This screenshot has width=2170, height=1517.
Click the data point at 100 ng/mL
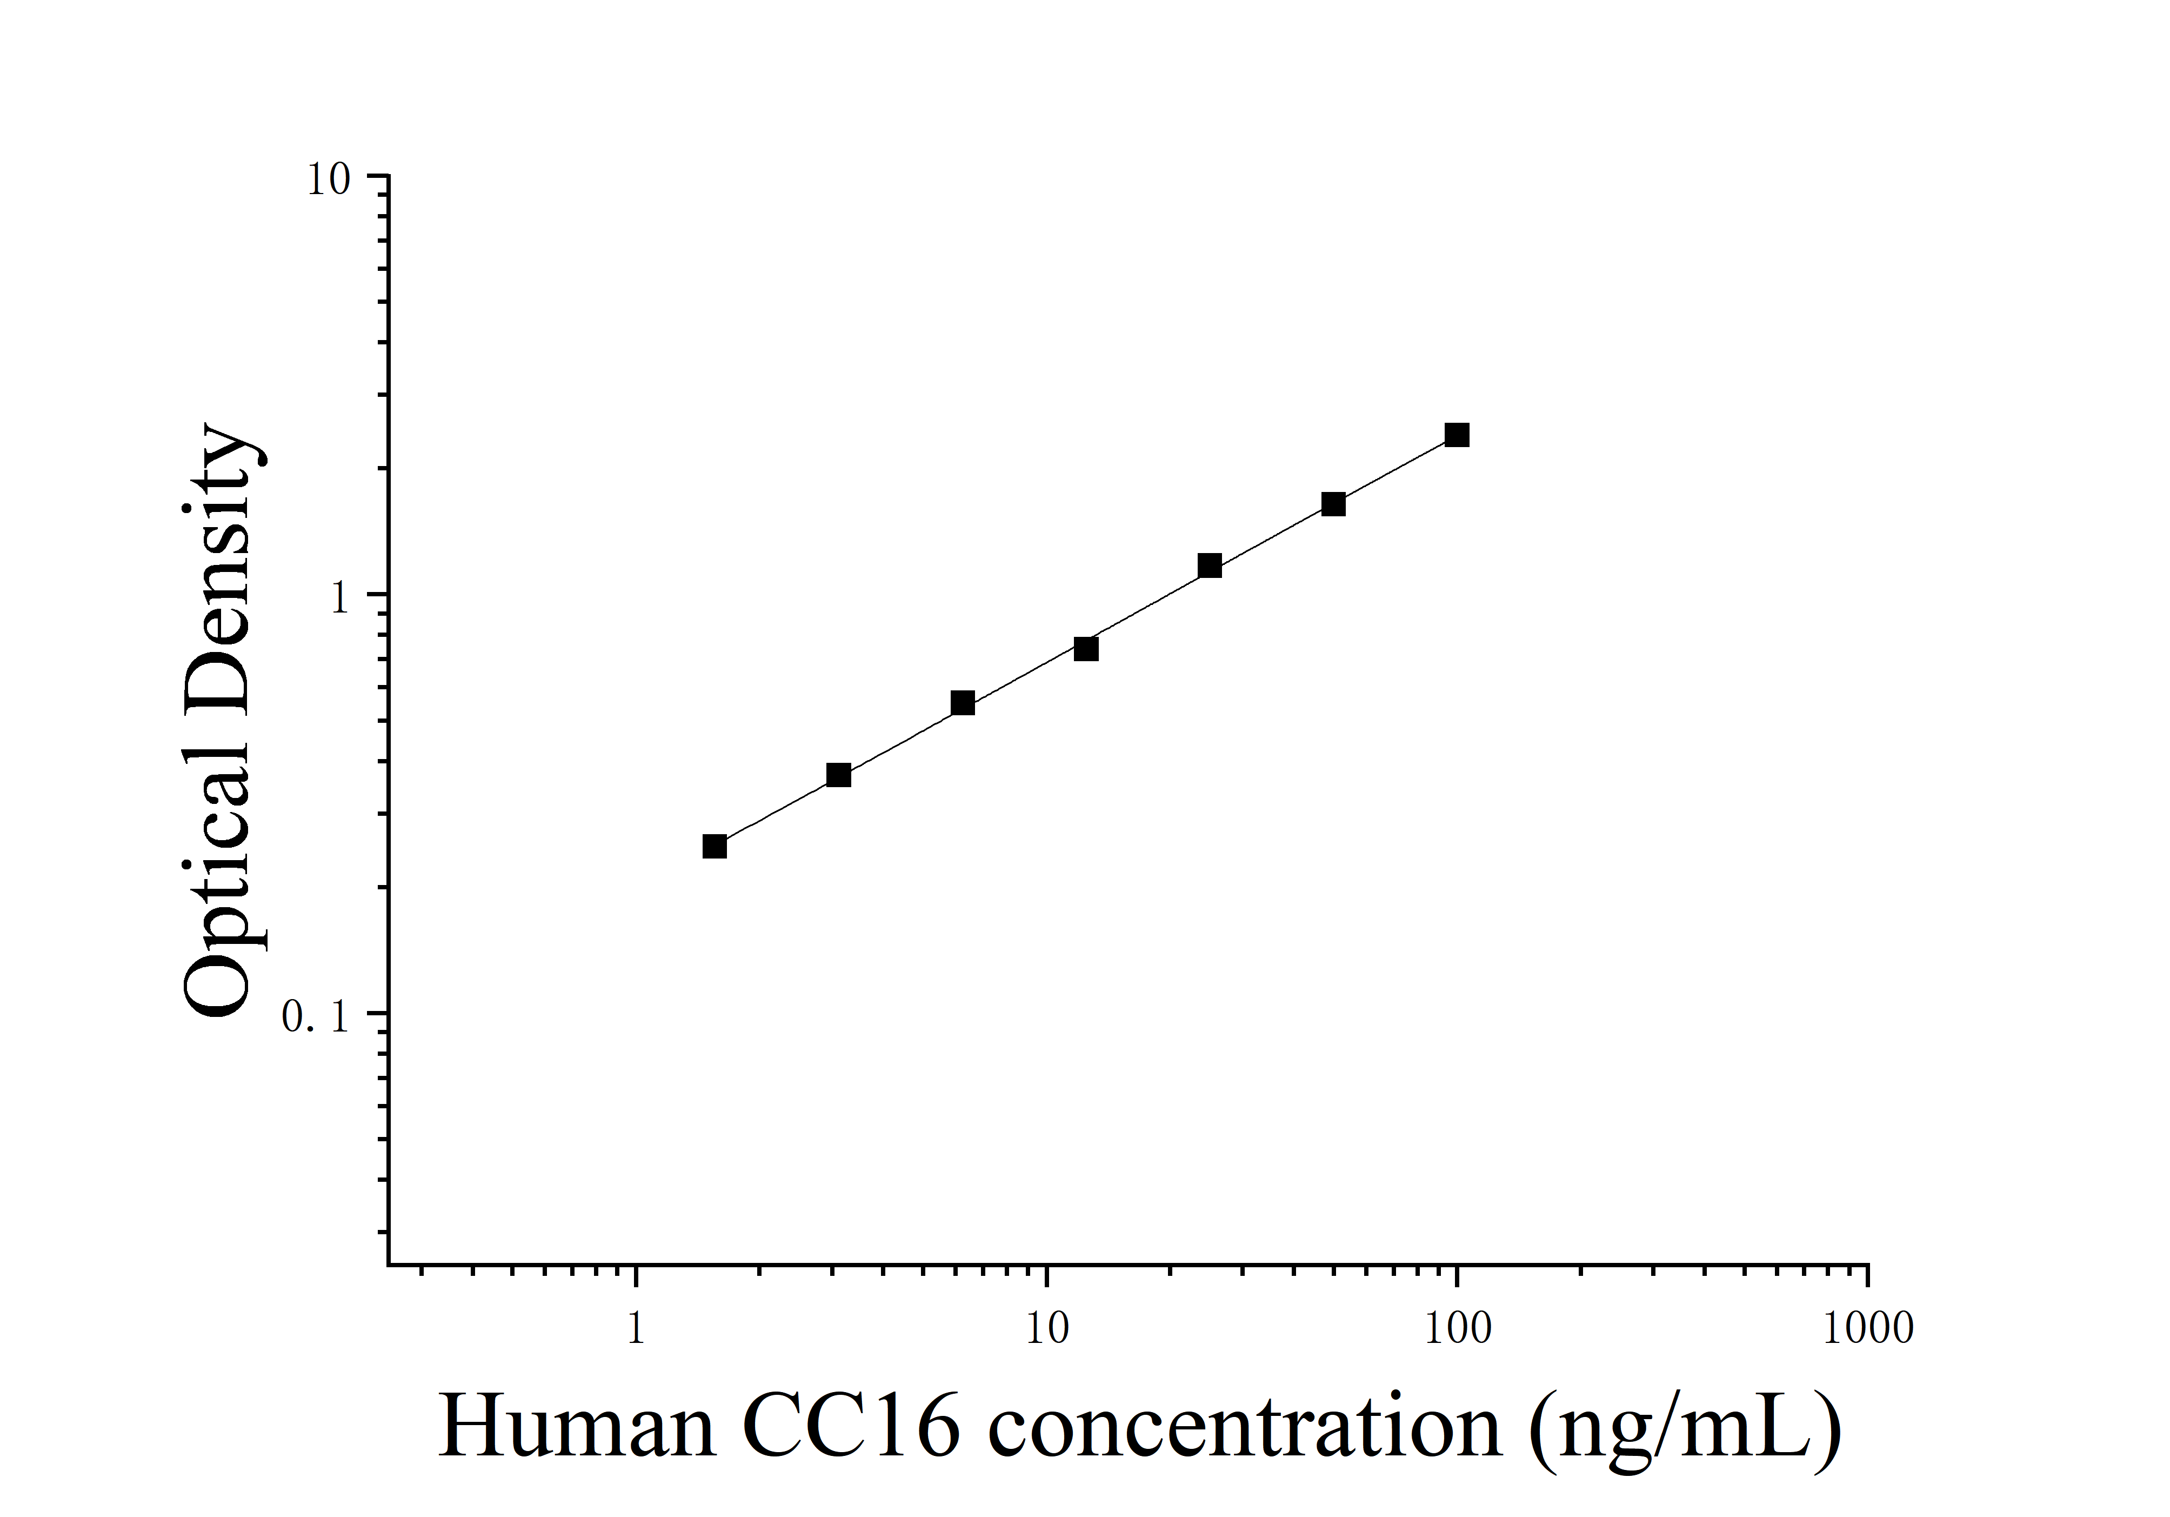(x=1457, y=435)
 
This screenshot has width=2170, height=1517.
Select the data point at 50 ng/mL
(x=1333, y=504)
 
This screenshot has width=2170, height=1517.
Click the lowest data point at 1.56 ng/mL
(x=715, y=847)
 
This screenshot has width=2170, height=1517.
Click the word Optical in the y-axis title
(x=219, y=850)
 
